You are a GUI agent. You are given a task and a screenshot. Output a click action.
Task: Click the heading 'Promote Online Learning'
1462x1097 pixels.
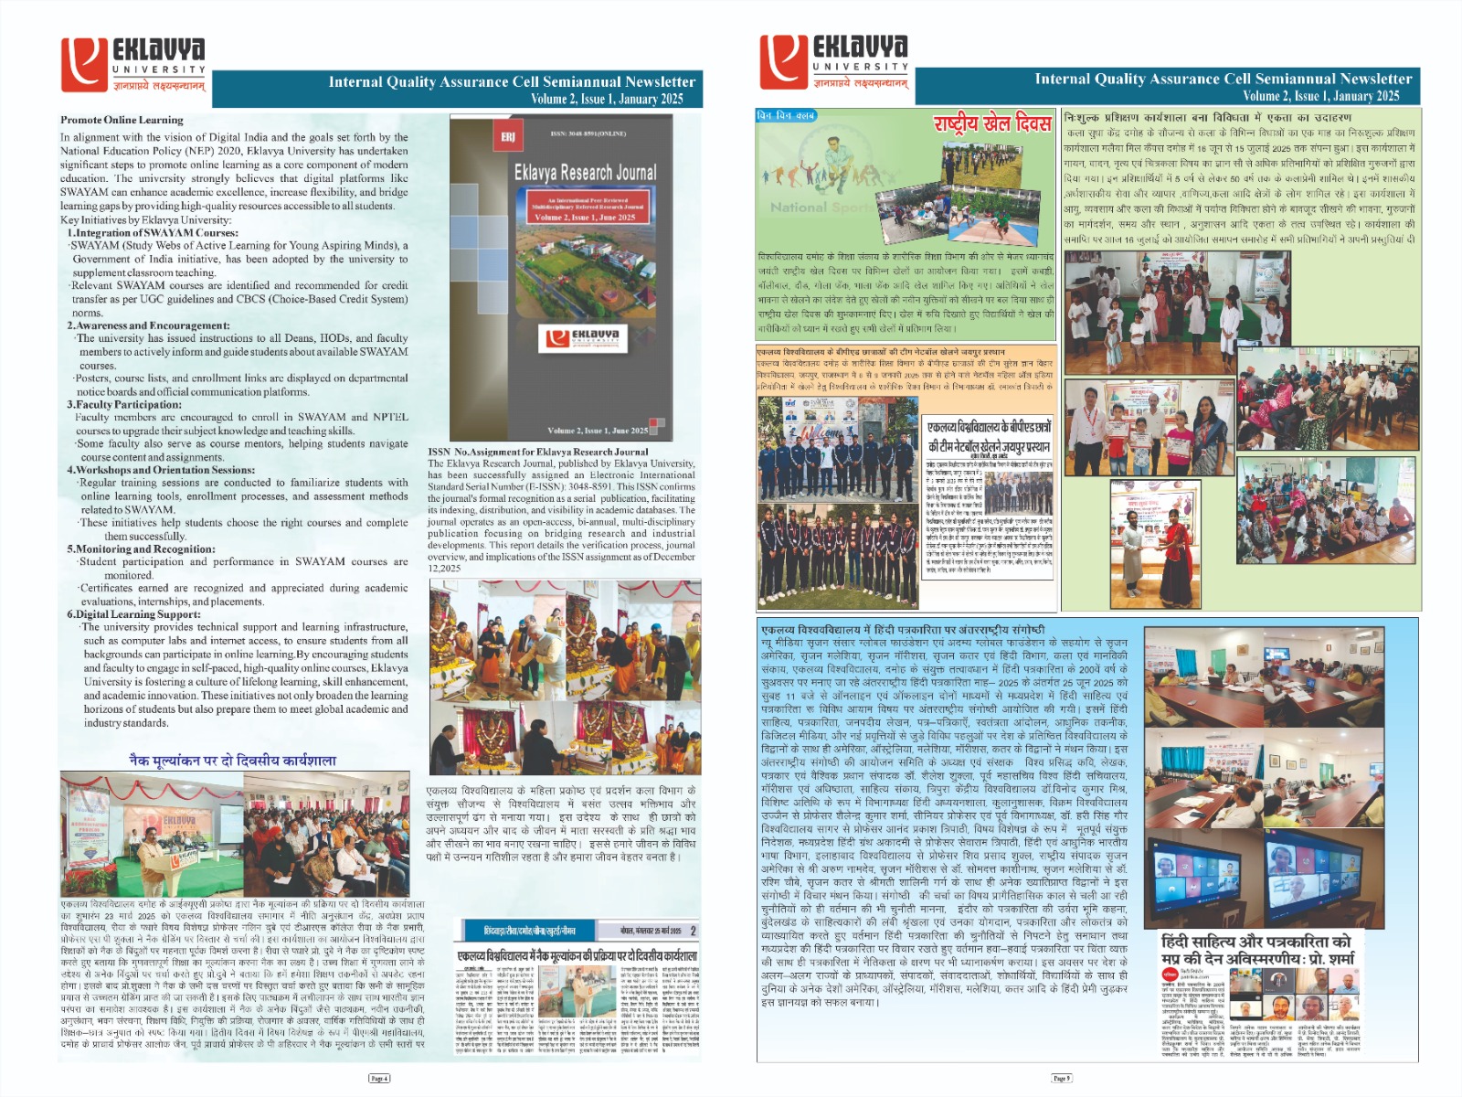coord(122,120)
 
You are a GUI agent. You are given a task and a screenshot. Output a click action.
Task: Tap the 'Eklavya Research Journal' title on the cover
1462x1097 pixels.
coord(585,172)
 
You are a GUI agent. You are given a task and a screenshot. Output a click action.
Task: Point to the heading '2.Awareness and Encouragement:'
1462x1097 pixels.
coord(148,325)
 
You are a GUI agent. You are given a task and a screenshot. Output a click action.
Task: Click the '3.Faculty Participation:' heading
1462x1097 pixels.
coord(124,404)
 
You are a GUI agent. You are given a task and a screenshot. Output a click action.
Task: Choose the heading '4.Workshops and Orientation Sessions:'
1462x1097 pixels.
coord(160,470)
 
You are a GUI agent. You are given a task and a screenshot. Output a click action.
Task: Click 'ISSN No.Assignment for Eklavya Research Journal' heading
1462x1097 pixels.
coord(538,452)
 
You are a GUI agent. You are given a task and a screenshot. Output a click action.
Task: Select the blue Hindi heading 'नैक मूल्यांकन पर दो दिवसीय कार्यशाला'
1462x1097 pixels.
coord(232,761)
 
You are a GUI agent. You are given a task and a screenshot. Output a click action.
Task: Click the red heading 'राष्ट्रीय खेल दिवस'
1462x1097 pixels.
coord(992,122)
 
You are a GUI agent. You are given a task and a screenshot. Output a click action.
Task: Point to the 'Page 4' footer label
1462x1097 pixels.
coord(379,1079)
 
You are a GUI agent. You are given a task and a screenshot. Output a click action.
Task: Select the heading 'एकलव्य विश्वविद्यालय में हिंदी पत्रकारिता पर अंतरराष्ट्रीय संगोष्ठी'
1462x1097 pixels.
coord(903,630)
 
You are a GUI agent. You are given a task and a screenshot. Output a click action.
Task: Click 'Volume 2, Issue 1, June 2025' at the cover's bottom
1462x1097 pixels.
coord(598,431)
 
